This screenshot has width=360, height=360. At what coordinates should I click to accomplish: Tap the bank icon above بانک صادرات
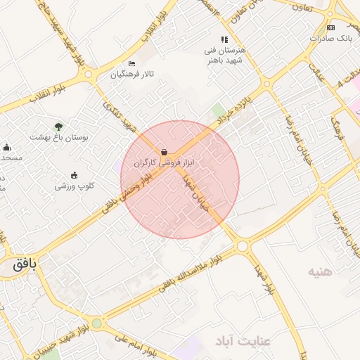point(330,27)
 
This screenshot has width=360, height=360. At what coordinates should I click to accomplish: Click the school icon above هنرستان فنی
point(224,40)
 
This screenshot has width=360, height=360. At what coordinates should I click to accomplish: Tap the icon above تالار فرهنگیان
point(131,64)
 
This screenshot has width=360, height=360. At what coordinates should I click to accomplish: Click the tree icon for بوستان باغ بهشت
point(58,127)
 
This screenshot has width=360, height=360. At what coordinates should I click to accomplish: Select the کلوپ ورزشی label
point(75,186)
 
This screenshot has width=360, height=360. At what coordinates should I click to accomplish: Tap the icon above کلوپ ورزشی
point(75,176)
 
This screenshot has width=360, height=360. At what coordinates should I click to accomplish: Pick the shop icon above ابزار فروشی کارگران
point(164,151)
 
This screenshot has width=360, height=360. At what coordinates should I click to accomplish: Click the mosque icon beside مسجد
point(7,147)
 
